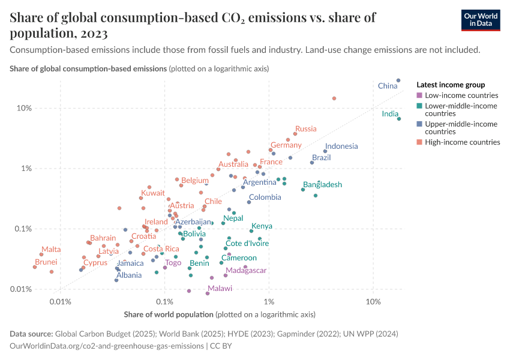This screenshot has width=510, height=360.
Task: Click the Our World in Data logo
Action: click(x=481, y=19)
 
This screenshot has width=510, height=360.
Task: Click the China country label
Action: click(x=388, y=86)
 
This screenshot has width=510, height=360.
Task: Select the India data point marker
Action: click(x=398, y=119)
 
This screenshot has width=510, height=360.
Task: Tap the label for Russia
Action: click(x=305, y=129)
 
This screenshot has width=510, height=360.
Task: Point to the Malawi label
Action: click(x=220, y=289)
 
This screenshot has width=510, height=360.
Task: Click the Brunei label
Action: click(x=46, y=262)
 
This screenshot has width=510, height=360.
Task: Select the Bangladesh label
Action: click(x=322, y=185)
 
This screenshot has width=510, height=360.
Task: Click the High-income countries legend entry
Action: click(x=462, y=142)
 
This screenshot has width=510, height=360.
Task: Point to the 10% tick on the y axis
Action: click(x=23, y=109)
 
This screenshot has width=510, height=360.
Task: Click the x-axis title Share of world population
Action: click(x=169, y=314)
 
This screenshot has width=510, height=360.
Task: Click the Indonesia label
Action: click(x=341, y=146)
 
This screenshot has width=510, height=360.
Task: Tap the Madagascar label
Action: click(x=246, y=271)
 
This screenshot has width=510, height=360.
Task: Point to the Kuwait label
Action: click(x=152, y=193)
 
